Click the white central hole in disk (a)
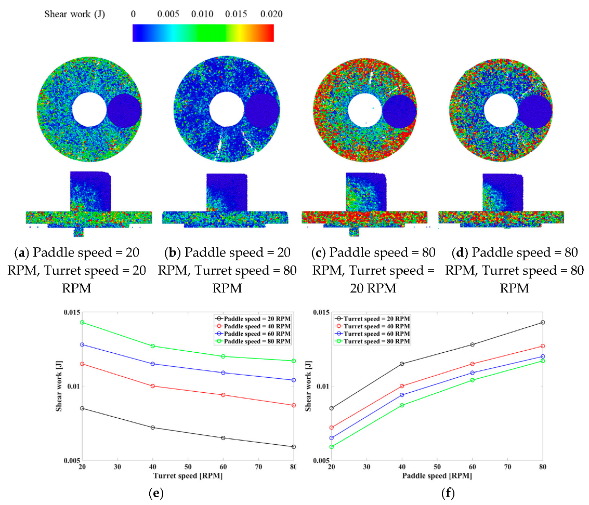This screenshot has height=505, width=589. (x=88, y=109)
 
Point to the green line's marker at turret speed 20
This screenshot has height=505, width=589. (x=82, y=322)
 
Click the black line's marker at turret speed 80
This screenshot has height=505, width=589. (x=294, y=447)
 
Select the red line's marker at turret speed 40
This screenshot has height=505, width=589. (x=152, y=386)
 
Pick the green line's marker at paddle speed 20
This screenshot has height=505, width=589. (x=331, y=447)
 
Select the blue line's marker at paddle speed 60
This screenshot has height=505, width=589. (x=473, y=373)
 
